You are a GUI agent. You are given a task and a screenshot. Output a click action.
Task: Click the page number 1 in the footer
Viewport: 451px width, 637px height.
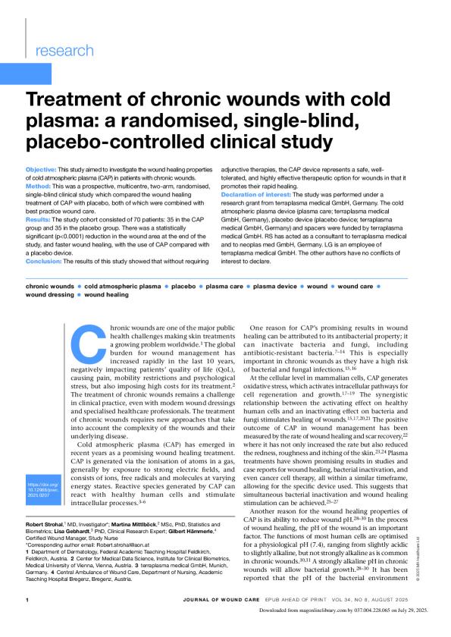tap(27, 621)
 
